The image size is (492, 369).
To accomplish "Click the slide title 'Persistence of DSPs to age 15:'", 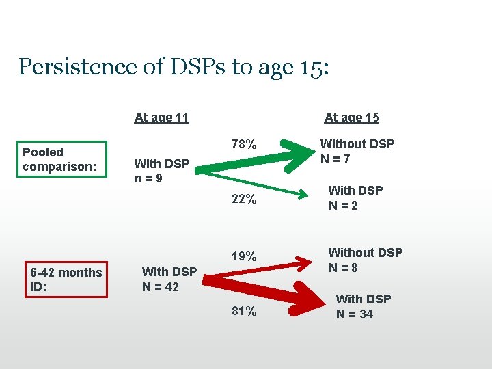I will pos(174,67).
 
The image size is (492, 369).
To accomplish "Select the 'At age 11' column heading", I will pos(161,118).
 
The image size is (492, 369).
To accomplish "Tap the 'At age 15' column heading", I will pos(351,118).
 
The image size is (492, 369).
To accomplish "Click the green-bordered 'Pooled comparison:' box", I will pos(62,159).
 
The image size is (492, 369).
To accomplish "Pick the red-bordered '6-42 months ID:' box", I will pos(66,279).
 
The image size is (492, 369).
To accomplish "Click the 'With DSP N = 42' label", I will pos(169,279).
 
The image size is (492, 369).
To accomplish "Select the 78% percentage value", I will pos(244,145).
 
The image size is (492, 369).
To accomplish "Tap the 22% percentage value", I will pos(244,200).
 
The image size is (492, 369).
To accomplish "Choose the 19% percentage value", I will pos(244,257).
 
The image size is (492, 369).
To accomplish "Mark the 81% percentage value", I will pos(244,312).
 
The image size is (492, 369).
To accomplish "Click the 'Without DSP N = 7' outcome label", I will pos(357,152).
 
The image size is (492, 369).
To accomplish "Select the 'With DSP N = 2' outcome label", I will pos(355,197).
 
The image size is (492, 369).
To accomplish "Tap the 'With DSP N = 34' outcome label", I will pos(364,307).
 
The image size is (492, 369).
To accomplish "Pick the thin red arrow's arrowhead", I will pos(301,260).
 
